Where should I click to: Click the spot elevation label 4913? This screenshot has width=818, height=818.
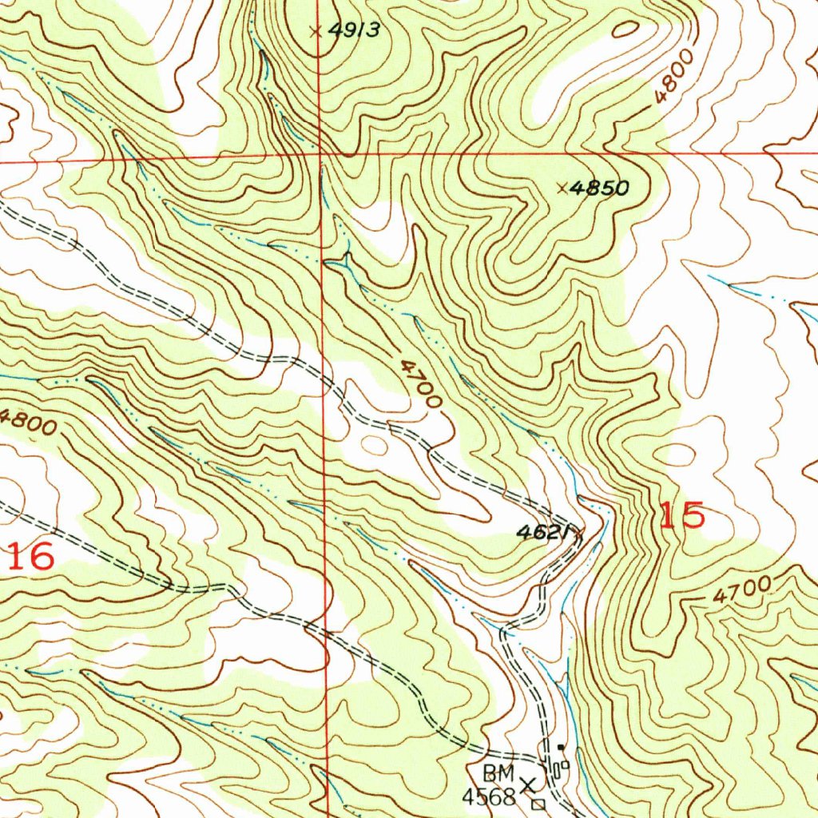tap(354, 31)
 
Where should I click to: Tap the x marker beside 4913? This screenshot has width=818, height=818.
tap(316, 31)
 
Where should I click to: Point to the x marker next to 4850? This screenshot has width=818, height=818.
tap(562, 189)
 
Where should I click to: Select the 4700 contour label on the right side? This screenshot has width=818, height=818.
tap(742, 592)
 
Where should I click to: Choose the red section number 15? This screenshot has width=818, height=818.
tap(682, 516)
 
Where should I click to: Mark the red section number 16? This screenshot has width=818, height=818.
tap(32, 557)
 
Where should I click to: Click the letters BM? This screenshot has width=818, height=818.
tap(498, 773)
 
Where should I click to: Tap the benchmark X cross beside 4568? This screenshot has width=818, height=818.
tap(528, 786)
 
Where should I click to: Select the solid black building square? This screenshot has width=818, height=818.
tap(562, 748)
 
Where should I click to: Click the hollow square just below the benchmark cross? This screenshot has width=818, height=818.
tap(538, 803)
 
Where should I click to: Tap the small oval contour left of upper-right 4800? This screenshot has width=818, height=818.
tap(625, 30)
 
